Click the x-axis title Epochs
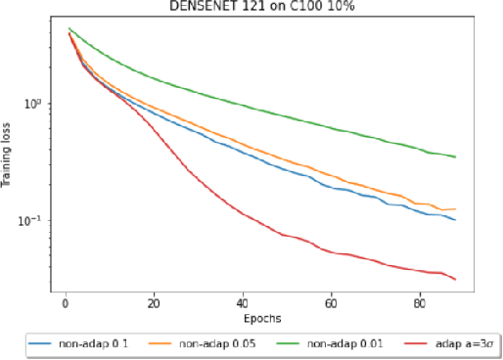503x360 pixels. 265,318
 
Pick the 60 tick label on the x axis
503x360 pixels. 330,304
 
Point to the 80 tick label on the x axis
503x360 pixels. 419,304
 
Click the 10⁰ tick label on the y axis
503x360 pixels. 31,104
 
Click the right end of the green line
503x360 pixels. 455,157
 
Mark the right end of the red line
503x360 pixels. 455,280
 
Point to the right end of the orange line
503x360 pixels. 455,209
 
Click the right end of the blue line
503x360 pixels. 455,221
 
